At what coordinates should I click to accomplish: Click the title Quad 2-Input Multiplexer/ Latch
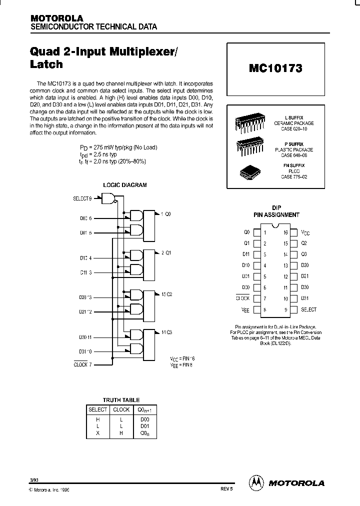[x=75, y=57]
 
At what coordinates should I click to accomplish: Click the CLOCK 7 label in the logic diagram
[x=82, y=364]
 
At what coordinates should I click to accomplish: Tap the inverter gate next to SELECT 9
[x=108, y=199]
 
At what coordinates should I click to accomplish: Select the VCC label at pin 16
[x=305, y=233]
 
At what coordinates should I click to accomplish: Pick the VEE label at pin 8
[x=245, y=310]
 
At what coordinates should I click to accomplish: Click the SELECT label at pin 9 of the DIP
[x=308, y=310]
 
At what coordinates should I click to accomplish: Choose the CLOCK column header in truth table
[x=121, y=409]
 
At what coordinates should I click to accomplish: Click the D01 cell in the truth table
[x=144, y=426]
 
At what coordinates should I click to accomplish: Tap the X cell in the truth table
[x=98, y=433]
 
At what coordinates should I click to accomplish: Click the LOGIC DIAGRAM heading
[x=125, y=185]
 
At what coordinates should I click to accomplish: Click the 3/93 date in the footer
[x=34, y=480]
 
